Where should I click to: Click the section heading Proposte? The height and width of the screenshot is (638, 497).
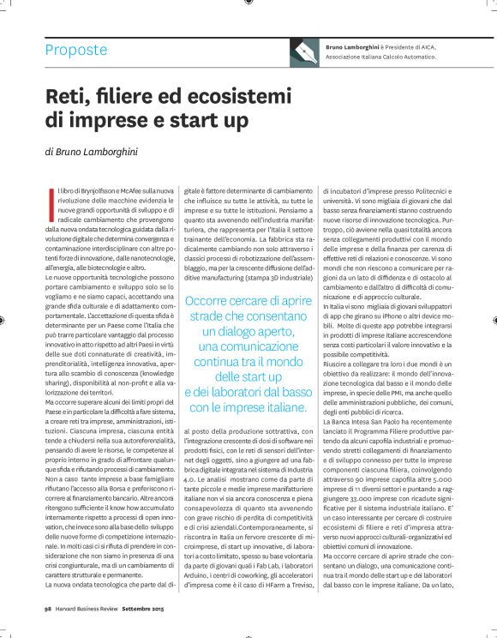[76, 50]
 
